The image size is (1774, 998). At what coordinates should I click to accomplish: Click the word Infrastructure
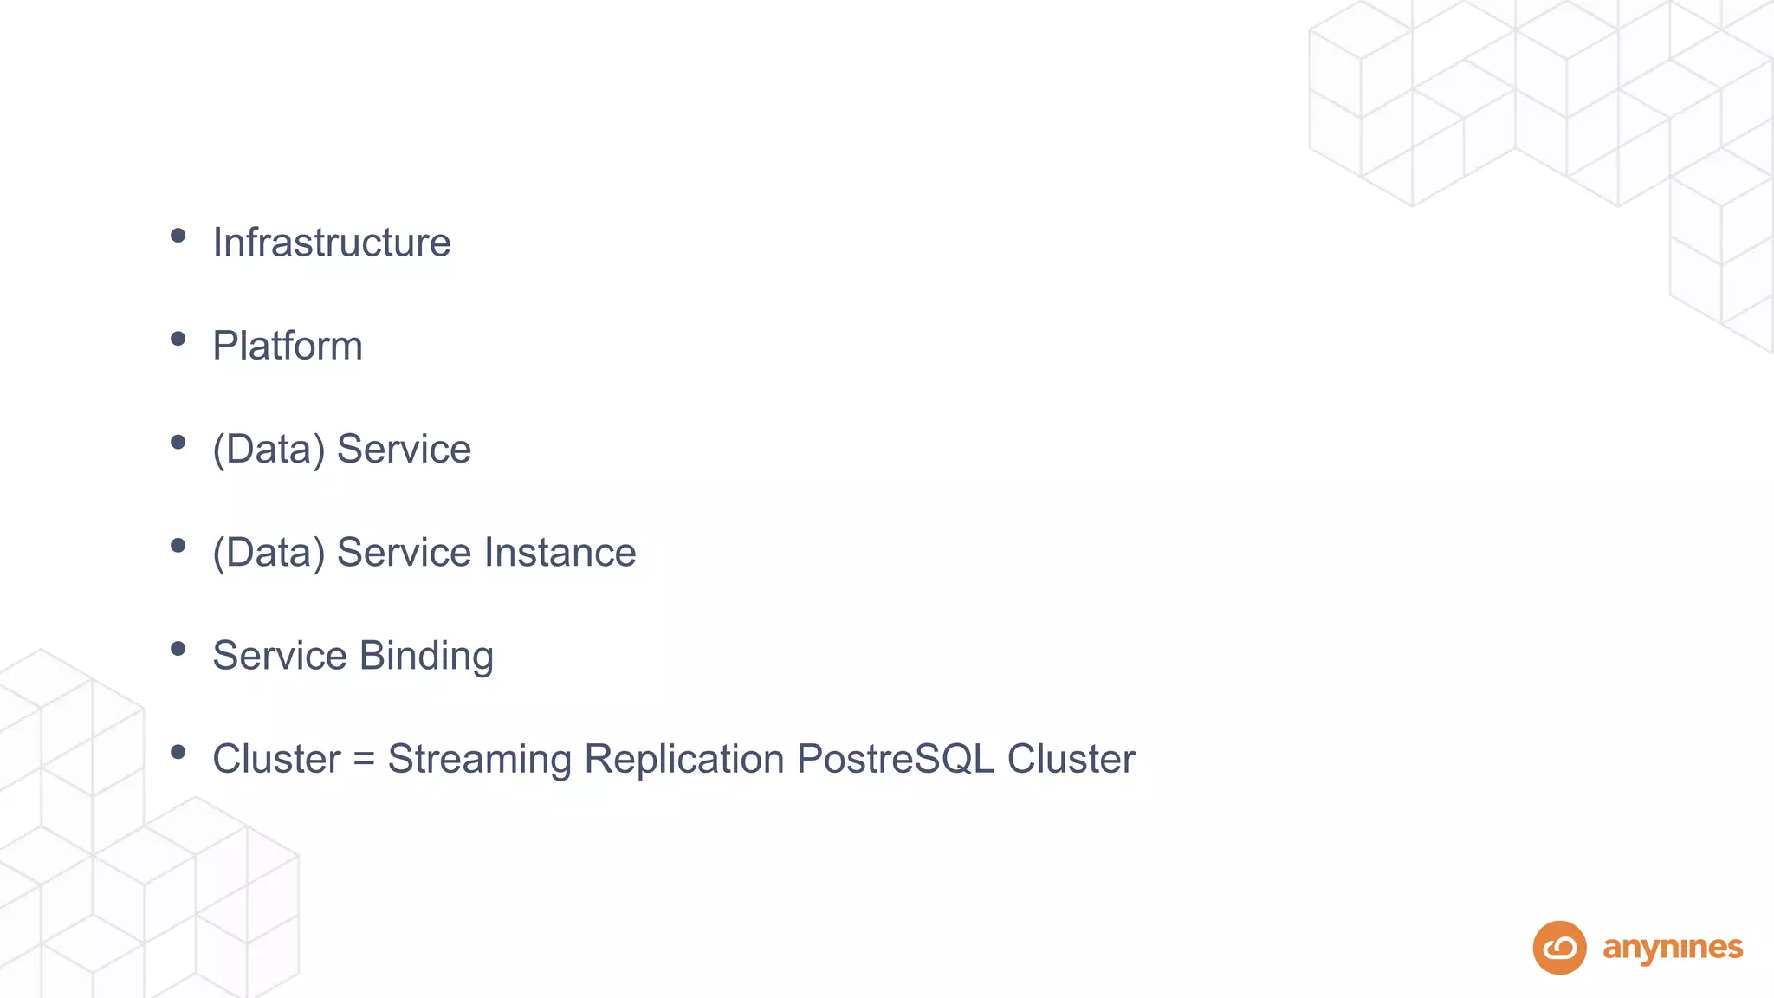coord(332,243)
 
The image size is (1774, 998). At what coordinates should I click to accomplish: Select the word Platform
coord(288,346)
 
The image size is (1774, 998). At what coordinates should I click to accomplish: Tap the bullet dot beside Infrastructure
coord(178,236)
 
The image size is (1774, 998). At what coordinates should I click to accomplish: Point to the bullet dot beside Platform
coord(178,339)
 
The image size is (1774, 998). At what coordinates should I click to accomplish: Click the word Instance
coord(560,553)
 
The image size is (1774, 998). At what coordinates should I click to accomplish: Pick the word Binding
coord(426,656)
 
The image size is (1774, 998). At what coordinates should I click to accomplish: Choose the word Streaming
coord(479,760)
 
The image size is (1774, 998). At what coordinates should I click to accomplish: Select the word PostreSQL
coord(895,759)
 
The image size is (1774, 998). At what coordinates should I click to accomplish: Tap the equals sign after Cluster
coord(364,760)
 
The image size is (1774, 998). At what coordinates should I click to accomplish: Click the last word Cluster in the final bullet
coord(1071,759)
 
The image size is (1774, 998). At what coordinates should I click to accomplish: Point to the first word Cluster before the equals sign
coord(276,759)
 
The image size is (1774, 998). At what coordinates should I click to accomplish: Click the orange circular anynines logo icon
coord(1559,948)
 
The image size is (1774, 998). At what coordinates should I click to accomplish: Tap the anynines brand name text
coord(1673,949)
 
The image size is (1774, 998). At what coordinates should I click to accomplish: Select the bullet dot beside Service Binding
coord(178,649)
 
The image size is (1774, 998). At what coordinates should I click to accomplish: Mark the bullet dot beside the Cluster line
coord(178,752)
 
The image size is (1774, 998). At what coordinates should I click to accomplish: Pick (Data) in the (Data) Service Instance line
coord(269,553)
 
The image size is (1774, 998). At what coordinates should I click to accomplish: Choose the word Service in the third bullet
coord(404,450)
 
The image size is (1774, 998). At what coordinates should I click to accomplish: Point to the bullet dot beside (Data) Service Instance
coord(178,546)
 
